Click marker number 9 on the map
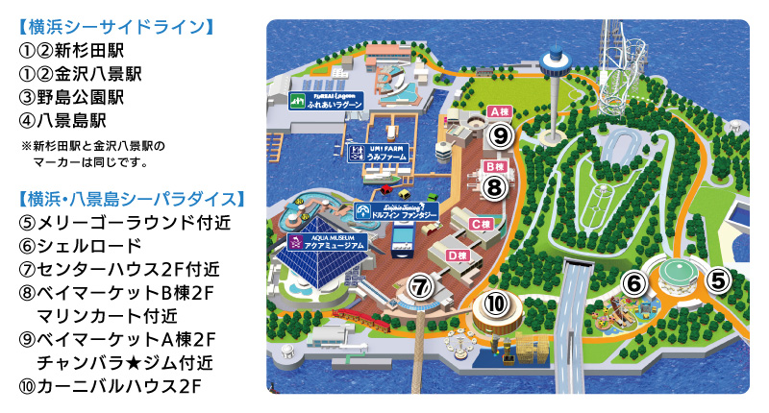[x=499, y=135]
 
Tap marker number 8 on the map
[x=494, y=185]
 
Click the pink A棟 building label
[x=498, y=111]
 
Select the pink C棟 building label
[x=482, y=223]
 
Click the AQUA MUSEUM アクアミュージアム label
[x=327, y=242]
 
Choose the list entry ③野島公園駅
[x=72, y=97]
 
